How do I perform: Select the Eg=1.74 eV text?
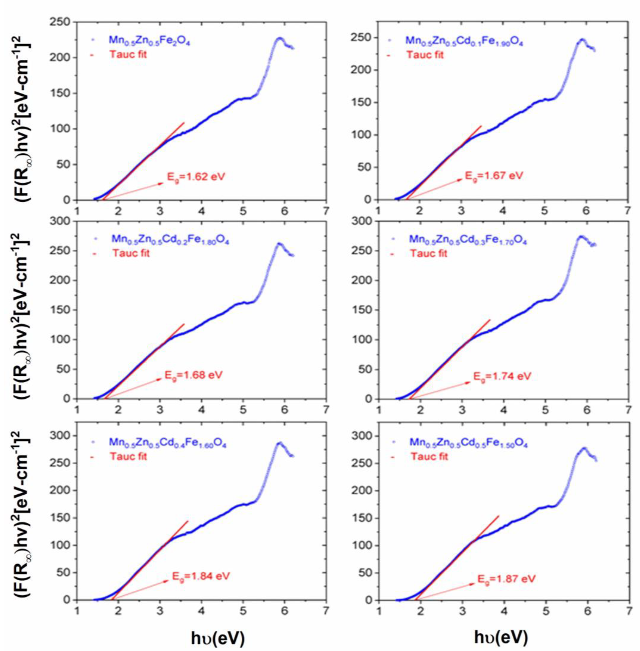click(502, 376)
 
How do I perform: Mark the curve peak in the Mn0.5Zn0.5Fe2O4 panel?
click(279, 38)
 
